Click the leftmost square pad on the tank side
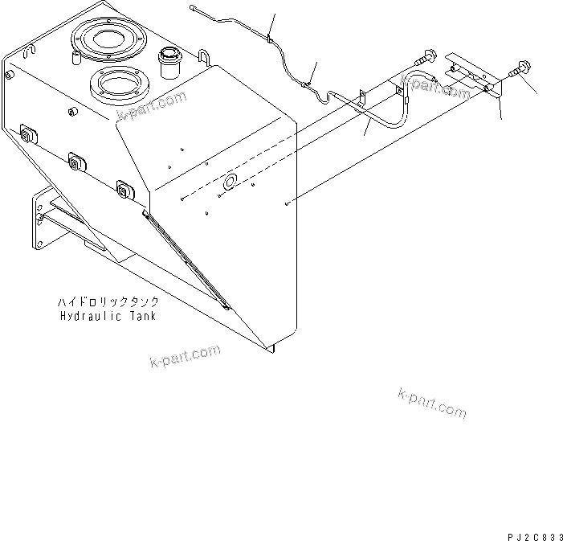27,134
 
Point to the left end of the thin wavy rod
194,10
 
